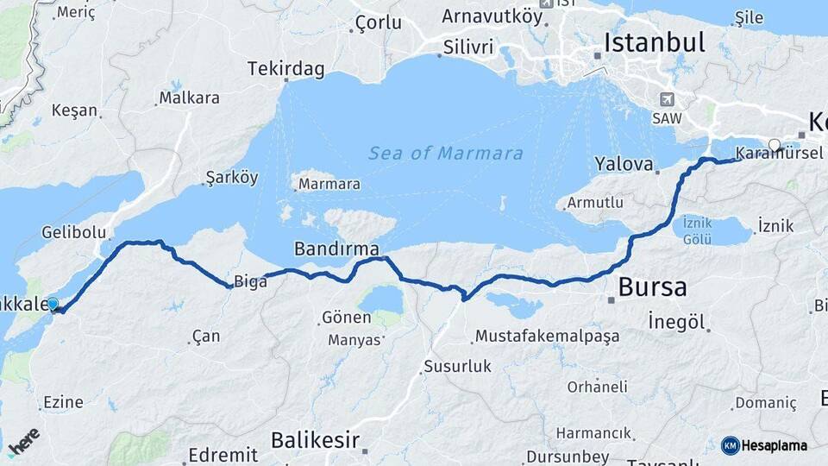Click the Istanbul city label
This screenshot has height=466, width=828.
tap(655, 41)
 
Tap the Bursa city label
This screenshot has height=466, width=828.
tap(653, 287)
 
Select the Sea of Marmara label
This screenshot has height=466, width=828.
tap(446, 154)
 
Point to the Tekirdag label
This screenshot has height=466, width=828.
tap(285, 67)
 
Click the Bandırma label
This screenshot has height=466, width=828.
tap(336, 249)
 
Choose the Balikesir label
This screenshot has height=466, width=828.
tap(315, 440)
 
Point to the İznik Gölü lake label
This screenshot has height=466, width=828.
tap(697, 230)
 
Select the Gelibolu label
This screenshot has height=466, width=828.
tap(73, 232)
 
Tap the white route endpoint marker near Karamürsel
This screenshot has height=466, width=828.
tap(775, 145)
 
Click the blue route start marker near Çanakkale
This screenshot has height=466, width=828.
tap(53, 304)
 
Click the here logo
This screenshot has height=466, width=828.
tap(23, 442)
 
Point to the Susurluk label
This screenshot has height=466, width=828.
tap(456, 367)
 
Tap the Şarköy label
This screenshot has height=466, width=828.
tap(231, 178)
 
